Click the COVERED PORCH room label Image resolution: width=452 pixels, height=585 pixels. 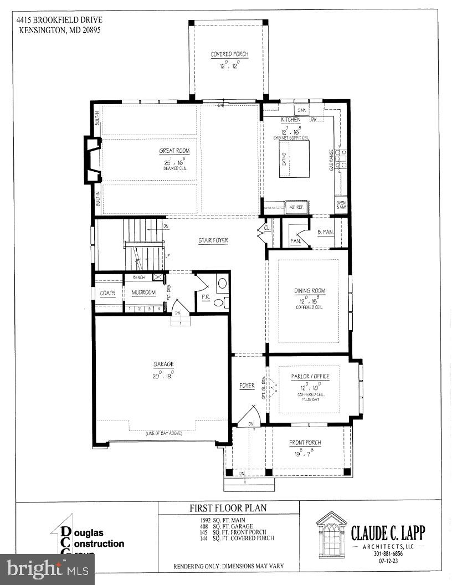tap(229, 54)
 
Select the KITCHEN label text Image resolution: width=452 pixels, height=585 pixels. tap(290, 120)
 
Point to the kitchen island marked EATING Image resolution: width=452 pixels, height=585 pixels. tap(294, 158)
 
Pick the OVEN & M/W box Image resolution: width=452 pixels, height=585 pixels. tap(341, 205)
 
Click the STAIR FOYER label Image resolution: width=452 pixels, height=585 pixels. tap(213, 240)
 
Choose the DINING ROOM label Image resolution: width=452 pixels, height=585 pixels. tap(309, 291)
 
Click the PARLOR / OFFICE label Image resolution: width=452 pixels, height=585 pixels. tap(310, 376)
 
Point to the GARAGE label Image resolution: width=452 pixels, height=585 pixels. tap(163, 364)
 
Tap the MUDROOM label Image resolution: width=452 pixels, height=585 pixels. tap(143, 292)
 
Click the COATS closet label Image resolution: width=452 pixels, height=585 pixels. tap(107, 292)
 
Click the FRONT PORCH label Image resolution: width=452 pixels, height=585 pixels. tap(305, 443)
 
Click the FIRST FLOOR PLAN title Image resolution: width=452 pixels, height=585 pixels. tap(229, 508)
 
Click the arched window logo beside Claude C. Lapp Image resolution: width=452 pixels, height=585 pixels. tap(331, 533)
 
